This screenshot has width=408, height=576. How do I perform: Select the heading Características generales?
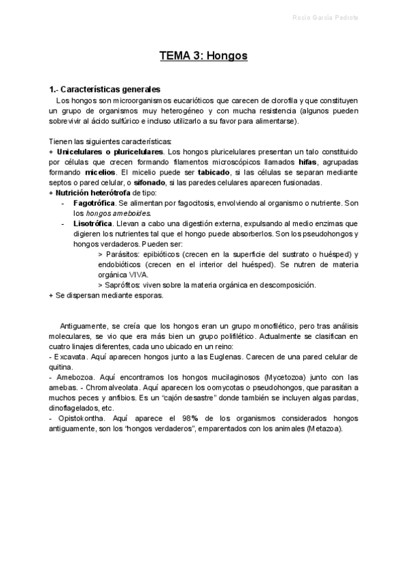109,89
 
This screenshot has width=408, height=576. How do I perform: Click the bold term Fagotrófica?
94,203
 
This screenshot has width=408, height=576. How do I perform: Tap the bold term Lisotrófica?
92,223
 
